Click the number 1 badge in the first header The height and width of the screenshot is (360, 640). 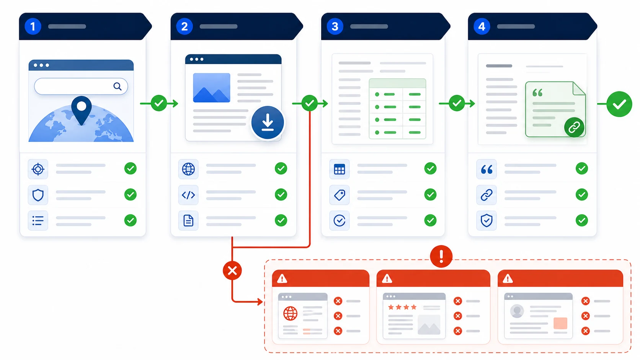pos(33,26)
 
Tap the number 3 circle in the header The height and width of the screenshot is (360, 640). pos(335,26)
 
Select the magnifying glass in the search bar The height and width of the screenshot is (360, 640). pos(118,86)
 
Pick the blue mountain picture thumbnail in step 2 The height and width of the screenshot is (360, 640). pos(211,88)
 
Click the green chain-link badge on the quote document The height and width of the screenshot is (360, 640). pos(574,127)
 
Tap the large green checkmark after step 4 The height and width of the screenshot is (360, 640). pos(619,104)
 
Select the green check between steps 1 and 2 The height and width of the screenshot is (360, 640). pos(159,103)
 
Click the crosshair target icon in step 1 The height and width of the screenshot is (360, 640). pos(38,169)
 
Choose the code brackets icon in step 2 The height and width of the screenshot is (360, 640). pos(188,195)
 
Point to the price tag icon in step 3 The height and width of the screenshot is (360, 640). pos(340,195)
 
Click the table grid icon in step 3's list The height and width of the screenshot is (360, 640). pos(340,169)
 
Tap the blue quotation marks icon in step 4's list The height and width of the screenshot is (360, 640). pos(487,169)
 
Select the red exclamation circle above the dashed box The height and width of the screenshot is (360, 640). pos(441,256)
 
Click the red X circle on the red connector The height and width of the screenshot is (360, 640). pos(232,270)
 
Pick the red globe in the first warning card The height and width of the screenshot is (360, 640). pos(290,313)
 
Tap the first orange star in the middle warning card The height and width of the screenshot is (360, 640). pos(391,307)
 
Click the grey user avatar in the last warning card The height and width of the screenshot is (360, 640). pos(517,311)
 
